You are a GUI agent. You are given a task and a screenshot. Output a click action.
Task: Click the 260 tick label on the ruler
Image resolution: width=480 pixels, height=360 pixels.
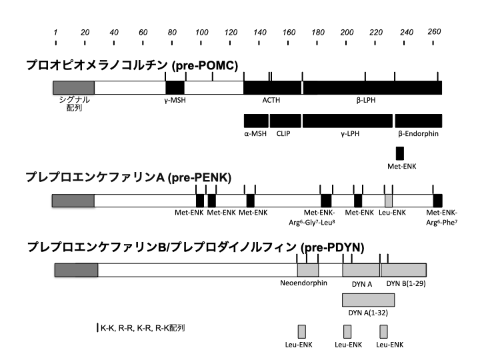pos(435,31)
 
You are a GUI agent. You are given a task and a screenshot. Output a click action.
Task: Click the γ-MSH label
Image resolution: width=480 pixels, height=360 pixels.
pos(175,100)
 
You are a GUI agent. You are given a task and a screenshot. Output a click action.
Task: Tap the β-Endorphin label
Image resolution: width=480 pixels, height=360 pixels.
pos(418,133)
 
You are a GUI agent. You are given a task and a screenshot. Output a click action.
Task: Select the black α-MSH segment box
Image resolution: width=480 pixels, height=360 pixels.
pos(256,121)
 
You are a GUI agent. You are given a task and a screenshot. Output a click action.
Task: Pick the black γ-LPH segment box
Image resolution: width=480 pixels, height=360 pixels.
pos(347,121)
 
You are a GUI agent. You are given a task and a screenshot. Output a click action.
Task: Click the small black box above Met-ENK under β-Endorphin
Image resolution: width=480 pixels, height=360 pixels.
pos(400,152)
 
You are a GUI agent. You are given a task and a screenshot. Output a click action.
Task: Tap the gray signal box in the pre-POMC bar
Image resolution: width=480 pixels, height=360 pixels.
pos(73,87)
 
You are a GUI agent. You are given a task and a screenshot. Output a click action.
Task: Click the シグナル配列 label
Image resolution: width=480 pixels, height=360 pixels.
pos(74,104)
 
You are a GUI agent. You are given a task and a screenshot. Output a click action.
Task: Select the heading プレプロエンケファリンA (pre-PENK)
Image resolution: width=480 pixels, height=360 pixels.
pos(128,177)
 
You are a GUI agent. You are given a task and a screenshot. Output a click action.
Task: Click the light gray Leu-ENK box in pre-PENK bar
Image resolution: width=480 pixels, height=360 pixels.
pos(389,200)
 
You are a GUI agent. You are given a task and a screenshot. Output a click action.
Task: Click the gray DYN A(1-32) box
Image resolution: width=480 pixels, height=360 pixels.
pos(377,299)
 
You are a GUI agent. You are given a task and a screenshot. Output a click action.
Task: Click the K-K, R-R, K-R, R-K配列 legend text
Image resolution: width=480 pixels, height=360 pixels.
pos(142,328)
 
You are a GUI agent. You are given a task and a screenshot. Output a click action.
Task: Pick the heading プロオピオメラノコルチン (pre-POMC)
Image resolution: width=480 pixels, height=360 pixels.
pos(132,65)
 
